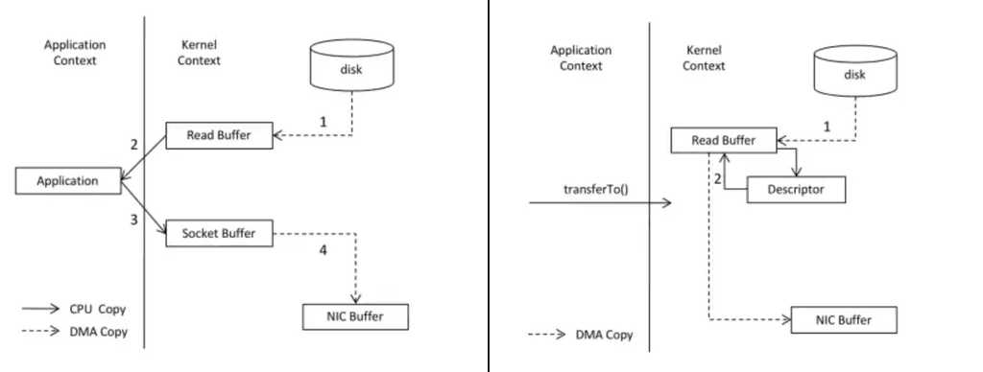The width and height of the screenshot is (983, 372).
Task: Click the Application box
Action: tap(68, 179)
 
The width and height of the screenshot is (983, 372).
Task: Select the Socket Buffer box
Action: tap(217, 232)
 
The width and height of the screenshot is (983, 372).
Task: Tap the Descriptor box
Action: tap(797, 190)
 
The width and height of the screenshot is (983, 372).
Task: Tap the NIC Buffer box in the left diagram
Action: tap(356, 314)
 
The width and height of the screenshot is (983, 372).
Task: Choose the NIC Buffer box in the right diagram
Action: tap(845, 319)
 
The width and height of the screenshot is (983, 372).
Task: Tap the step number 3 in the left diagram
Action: tap(133, 220)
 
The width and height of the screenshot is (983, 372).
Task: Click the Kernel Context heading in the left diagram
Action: tap(201, 53)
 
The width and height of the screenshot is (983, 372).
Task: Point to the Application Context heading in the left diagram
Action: tap(74, 53)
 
